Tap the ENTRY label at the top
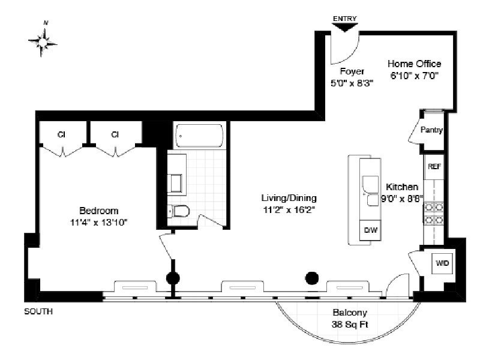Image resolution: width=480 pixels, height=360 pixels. [x=345, y=19]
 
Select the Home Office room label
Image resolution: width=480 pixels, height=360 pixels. [x=415, y=64]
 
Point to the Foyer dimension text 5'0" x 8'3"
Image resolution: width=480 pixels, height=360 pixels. [x=352, y=83]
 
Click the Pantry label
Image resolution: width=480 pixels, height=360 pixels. [x=431, y=130]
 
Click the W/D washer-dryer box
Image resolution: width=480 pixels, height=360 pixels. [x=442, y=263]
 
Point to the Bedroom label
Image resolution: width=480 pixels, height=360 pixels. [x=99, y=211]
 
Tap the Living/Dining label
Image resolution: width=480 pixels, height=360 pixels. [x=289, y=198]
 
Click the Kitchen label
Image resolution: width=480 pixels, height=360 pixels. [x=402, y=187]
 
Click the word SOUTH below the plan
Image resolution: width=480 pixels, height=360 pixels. [x=38, y=311]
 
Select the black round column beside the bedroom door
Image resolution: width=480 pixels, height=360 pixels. [x=173, y=278]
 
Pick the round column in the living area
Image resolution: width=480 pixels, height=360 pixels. [x=311, y=278]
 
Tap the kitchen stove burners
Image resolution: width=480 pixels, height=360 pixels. [x=434, y=214]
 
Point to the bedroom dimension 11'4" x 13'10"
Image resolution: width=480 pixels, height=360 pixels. [x=99, y=223]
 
